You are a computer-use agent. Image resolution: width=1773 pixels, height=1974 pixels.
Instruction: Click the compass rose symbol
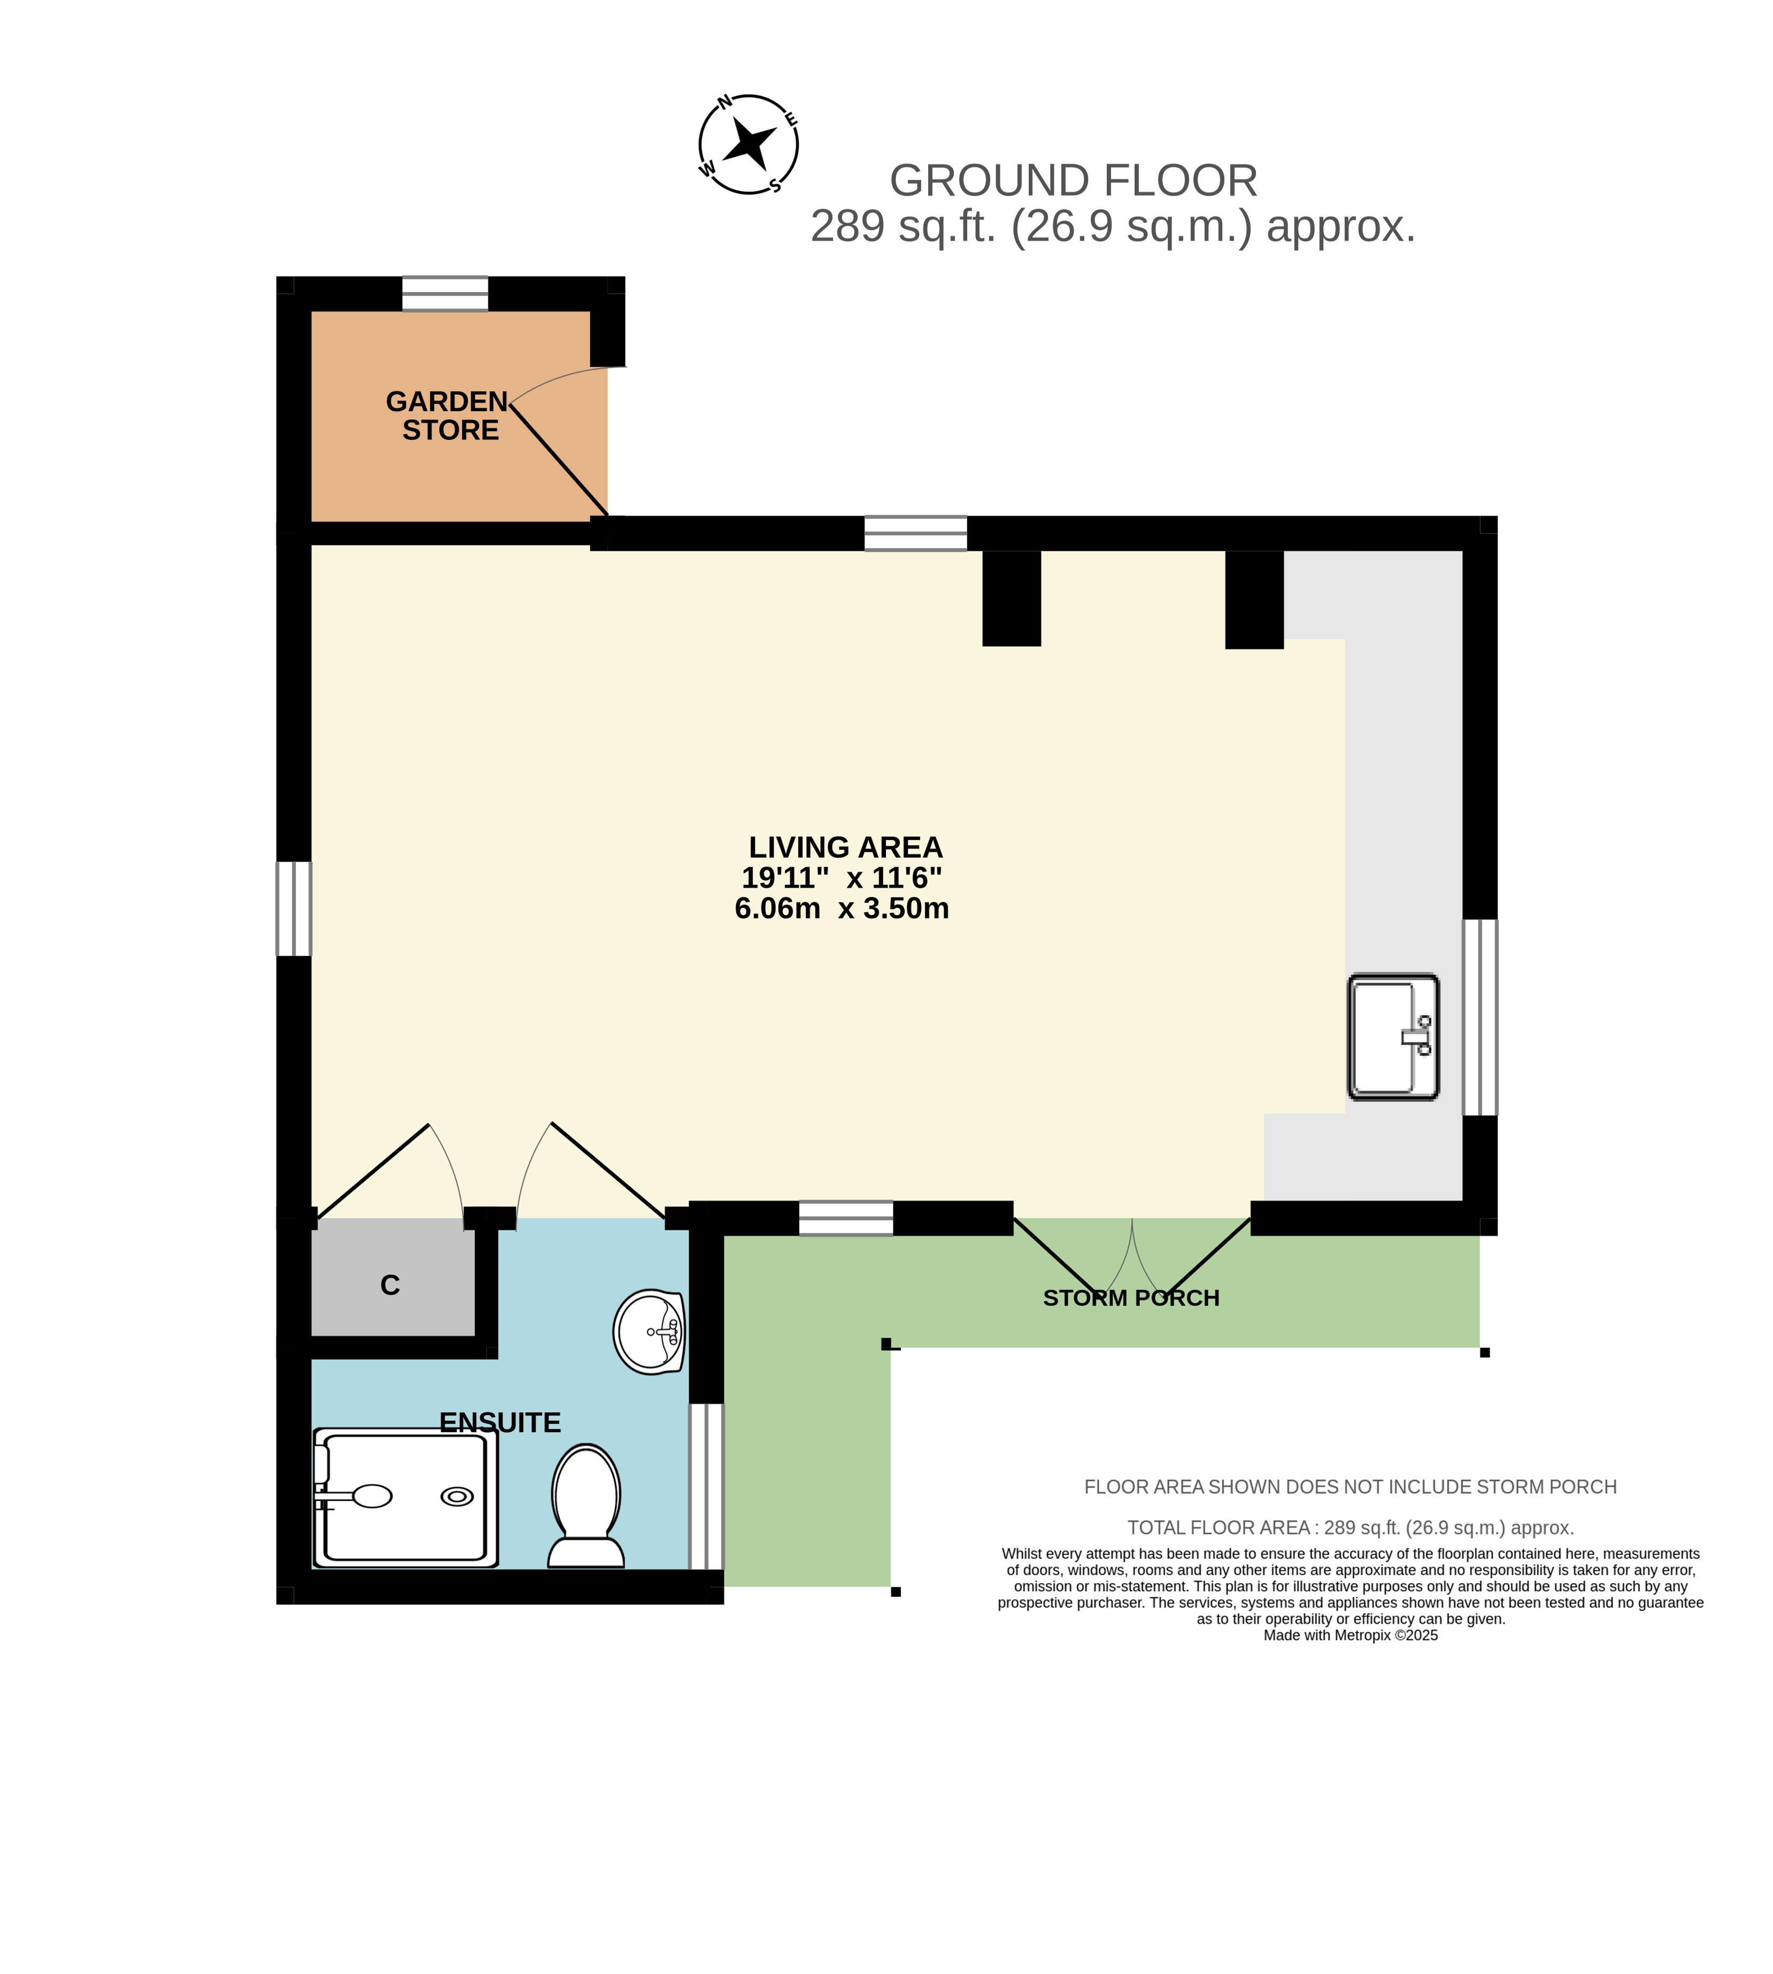pyautogui.click(x=748, y=144)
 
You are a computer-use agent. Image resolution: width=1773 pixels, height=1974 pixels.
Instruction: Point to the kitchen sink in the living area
pyautogui.click(x=1393, y=1036)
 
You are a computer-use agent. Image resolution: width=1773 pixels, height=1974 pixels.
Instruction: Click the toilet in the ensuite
pyautogui.click(x=585, y=1506)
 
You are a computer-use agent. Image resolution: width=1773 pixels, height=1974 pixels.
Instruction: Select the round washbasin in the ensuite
pyautogui.click(x=649, y=1331)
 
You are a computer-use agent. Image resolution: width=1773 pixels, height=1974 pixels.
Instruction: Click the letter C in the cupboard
pyautogui.click(x=390, y=1285)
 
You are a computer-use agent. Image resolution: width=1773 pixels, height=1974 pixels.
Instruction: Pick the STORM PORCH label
pyautogui.click(x=1131, y=1298)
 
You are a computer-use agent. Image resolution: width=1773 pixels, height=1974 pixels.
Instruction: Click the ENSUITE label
pyautogui.click(x=500, y=1423)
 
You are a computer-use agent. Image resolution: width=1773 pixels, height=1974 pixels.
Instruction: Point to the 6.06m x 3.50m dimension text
pyautogui.click(x=842, y=908)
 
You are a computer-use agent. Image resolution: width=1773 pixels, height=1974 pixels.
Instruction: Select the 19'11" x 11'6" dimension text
pyautogui.click(x=842, y=878)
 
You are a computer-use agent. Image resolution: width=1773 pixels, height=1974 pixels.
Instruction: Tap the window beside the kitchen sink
pyautogui.click(x=1480, y=1017)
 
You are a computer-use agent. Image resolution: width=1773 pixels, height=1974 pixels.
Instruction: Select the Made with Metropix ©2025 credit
pyautogui.click(x=1350, y=1636)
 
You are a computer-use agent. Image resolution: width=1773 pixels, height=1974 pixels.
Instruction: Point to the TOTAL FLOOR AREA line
pyautogui.click(x=1350, y=1528)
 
